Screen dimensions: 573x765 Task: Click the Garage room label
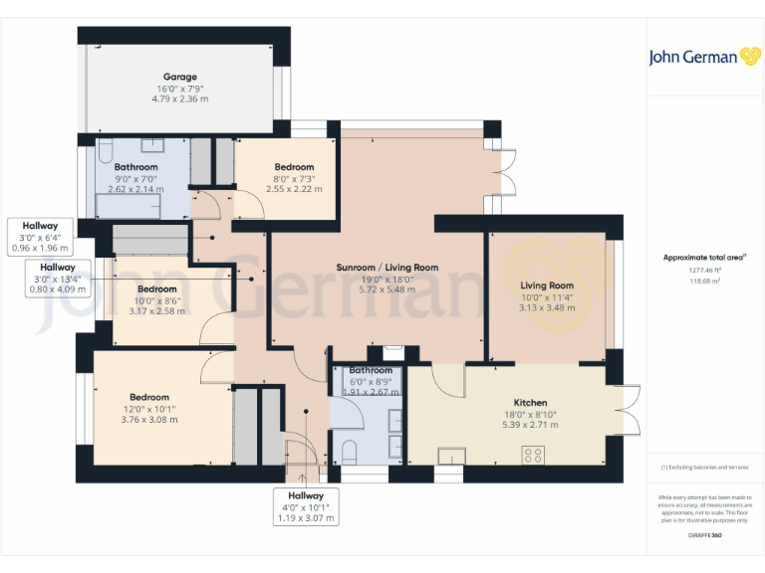tap(180, 77)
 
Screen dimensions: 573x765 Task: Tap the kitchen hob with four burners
tap(533, 456)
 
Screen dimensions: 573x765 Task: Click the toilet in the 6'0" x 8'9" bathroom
tap(349, 453)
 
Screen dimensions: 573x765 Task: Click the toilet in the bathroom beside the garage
tap(104, 152)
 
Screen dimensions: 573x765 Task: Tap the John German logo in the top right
tap(705, 57)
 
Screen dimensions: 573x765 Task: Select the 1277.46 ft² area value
tap(705, 270)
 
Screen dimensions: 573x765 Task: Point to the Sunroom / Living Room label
tap(387, 268)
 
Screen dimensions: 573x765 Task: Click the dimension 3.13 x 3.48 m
tap(547, 307)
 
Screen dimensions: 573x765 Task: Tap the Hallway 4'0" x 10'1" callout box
tap(307, 506)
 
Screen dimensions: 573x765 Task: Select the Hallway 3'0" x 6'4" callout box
tap(42, 237)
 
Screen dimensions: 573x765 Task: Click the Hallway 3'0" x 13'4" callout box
tap(57, 279)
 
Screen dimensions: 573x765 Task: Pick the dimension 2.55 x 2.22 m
tap(294, 189)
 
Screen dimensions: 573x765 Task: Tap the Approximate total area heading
tap(705, 258)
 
